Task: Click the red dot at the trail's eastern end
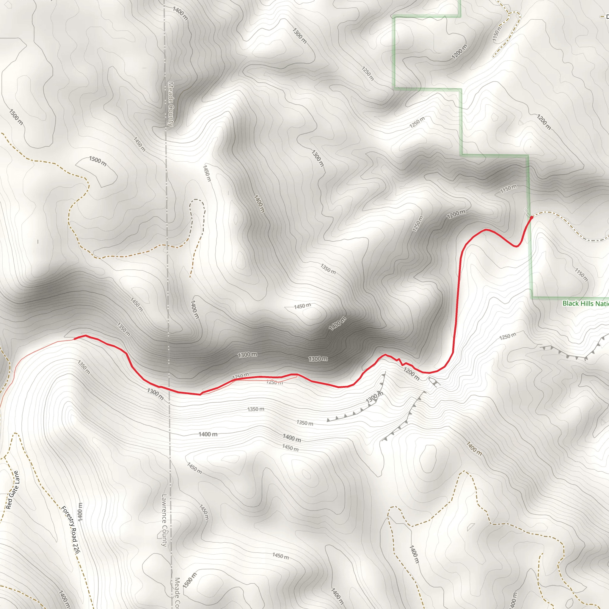point(531,217)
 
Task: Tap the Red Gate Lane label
point(13,490)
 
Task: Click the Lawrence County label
point(164,520)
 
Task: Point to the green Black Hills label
point(585,304)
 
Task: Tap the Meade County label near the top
point(170,104)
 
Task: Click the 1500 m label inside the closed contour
point(98,161)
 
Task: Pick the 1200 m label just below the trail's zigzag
point(411,374)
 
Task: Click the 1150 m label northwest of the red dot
point(508,189)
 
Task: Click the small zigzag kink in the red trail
point(400,362)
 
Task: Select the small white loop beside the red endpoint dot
point(526,211)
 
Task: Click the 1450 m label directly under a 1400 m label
point(290,447)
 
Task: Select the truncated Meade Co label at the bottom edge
point(177,593)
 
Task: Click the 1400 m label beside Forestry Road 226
point(80,511)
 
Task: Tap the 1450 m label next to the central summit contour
point(302,306)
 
